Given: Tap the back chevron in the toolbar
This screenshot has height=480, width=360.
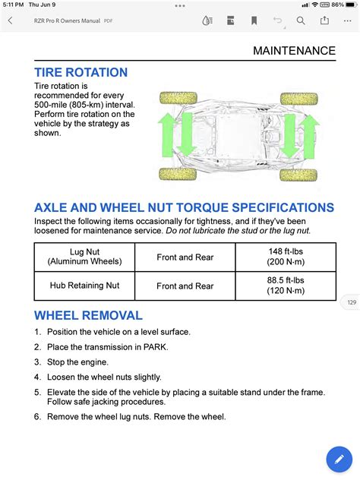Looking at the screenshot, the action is click(x=9, y=21).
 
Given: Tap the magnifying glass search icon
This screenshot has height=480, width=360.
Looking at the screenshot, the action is click(x=302, y=21).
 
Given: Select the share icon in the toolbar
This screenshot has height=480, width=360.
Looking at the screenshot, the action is click(x=325, y=21).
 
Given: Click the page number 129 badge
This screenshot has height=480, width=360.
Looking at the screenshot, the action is click(x=351, y=302).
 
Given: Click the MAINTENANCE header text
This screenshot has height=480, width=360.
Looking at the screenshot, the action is click(x=294, y=51).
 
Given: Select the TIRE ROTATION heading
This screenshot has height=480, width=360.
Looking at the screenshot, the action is click(x=81, y=72).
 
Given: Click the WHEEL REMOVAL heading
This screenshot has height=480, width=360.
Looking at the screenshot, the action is click(x=88, y=315).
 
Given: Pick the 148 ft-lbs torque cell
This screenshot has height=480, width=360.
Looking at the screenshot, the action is click(x=285, y=257).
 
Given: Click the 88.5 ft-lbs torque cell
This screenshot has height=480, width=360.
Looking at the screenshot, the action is click(x=285, y=286).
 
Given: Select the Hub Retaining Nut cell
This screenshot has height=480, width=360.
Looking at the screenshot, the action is click(x=84, y=286).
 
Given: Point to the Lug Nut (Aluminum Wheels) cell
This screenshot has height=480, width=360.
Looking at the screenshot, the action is click(x=84, y=257).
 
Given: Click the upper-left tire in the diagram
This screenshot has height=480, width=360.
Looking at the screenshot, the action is click(x=178, y=99).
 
